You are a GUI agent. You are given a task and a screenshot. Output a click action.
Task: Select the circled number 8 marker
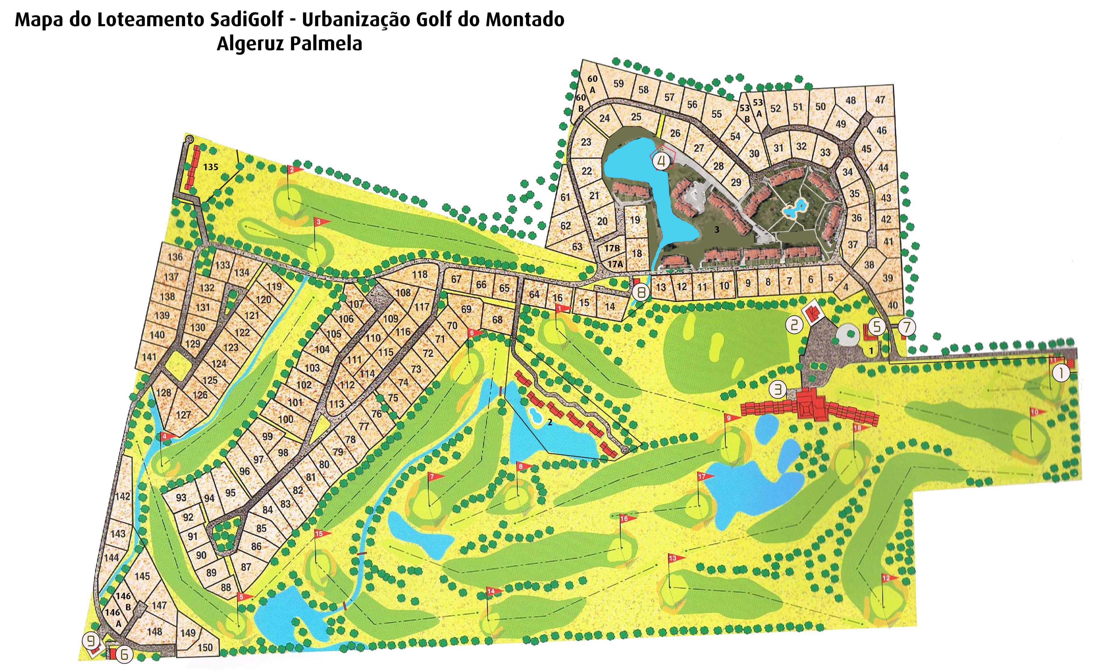point(642,293)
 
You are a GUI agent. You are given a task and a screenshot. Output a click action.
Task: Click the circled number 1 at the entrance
point(1061,373)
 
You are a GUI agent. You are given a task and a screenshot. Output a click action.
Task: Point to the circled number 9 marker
point(91,641)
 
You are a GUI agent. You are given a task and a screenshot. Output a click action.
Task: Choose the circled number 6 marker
point(125,655)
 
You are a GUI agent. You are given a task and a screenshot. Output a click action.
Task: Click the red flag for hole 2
point(295,170)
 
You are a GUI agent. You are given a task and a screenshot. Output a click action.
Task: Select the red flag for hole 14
point(494,591)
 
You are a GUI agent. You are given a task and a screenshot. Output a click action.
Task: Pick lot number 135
point(211,167)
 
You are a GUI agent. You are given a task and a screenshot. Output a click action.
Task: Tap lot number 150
point(205,647)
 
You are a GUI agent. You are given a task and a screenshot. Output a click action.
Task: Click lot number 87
point(246,567)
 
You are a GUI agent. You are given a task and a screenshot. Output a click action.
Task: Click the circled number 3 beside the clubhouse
point(778,390)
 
